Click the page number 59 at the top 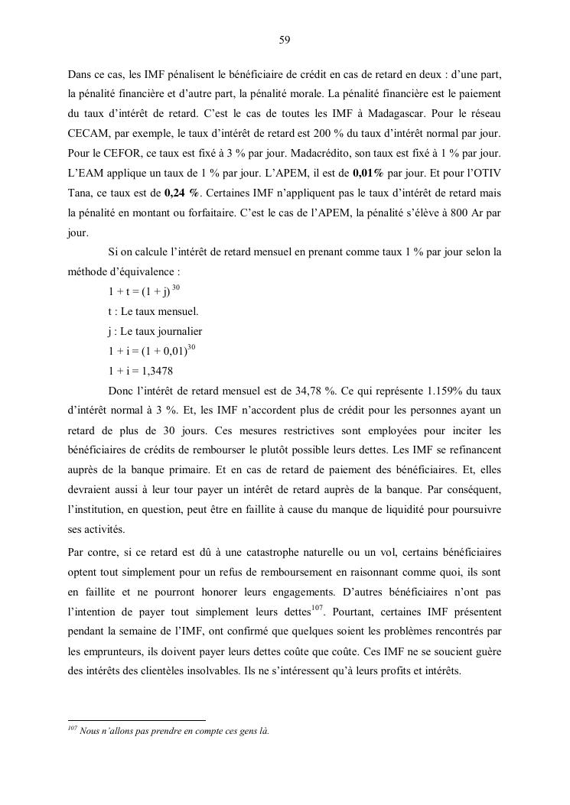click(284, 41)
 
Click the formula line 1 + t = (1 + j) click(140, 292)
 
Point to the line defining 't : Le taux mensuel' click(153, 312)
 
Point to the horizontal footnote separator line click(137, 720)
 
